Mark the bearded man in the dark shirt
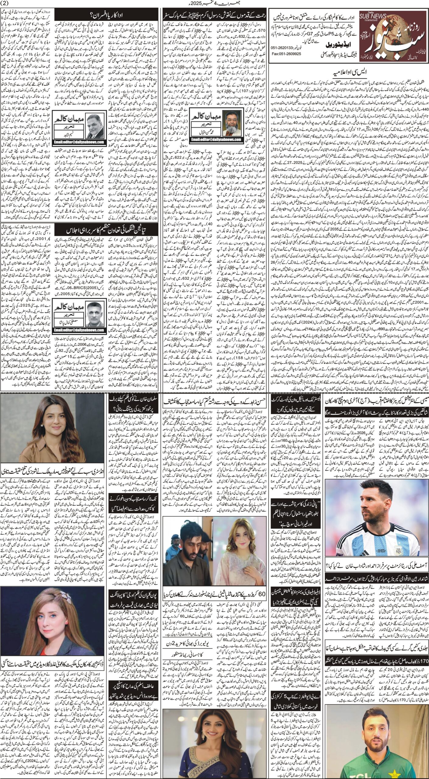point(186,537)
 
